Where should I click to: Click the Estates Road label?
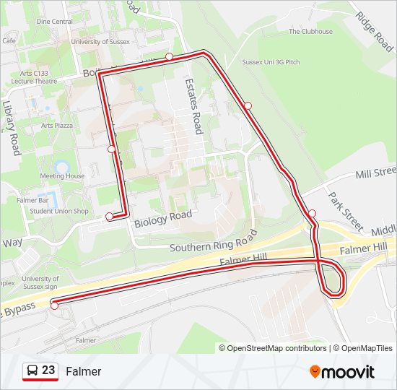point(193,106)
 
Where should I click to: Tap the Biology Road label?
point(163,218)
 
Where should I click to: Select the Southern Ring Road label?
point(213,242)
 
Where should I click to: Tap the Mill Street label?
point(376,173)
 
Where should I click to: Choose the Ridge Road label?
point(375,31)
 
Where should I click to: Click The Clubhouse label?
point(310,32)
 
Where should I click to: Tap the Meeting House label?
point(62,176)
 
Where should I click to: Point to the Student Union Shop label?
point(59,212)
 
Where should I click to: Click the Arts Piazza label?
point(57,125)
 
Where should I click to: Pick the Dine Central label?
point(54,22)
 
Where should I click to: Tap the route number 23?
point(48,370)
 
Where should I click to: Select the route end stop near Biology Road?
point(110,216)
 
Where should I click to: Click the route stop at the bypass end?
point(54,305)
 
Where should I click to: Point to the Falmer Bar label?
point(33,200)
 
